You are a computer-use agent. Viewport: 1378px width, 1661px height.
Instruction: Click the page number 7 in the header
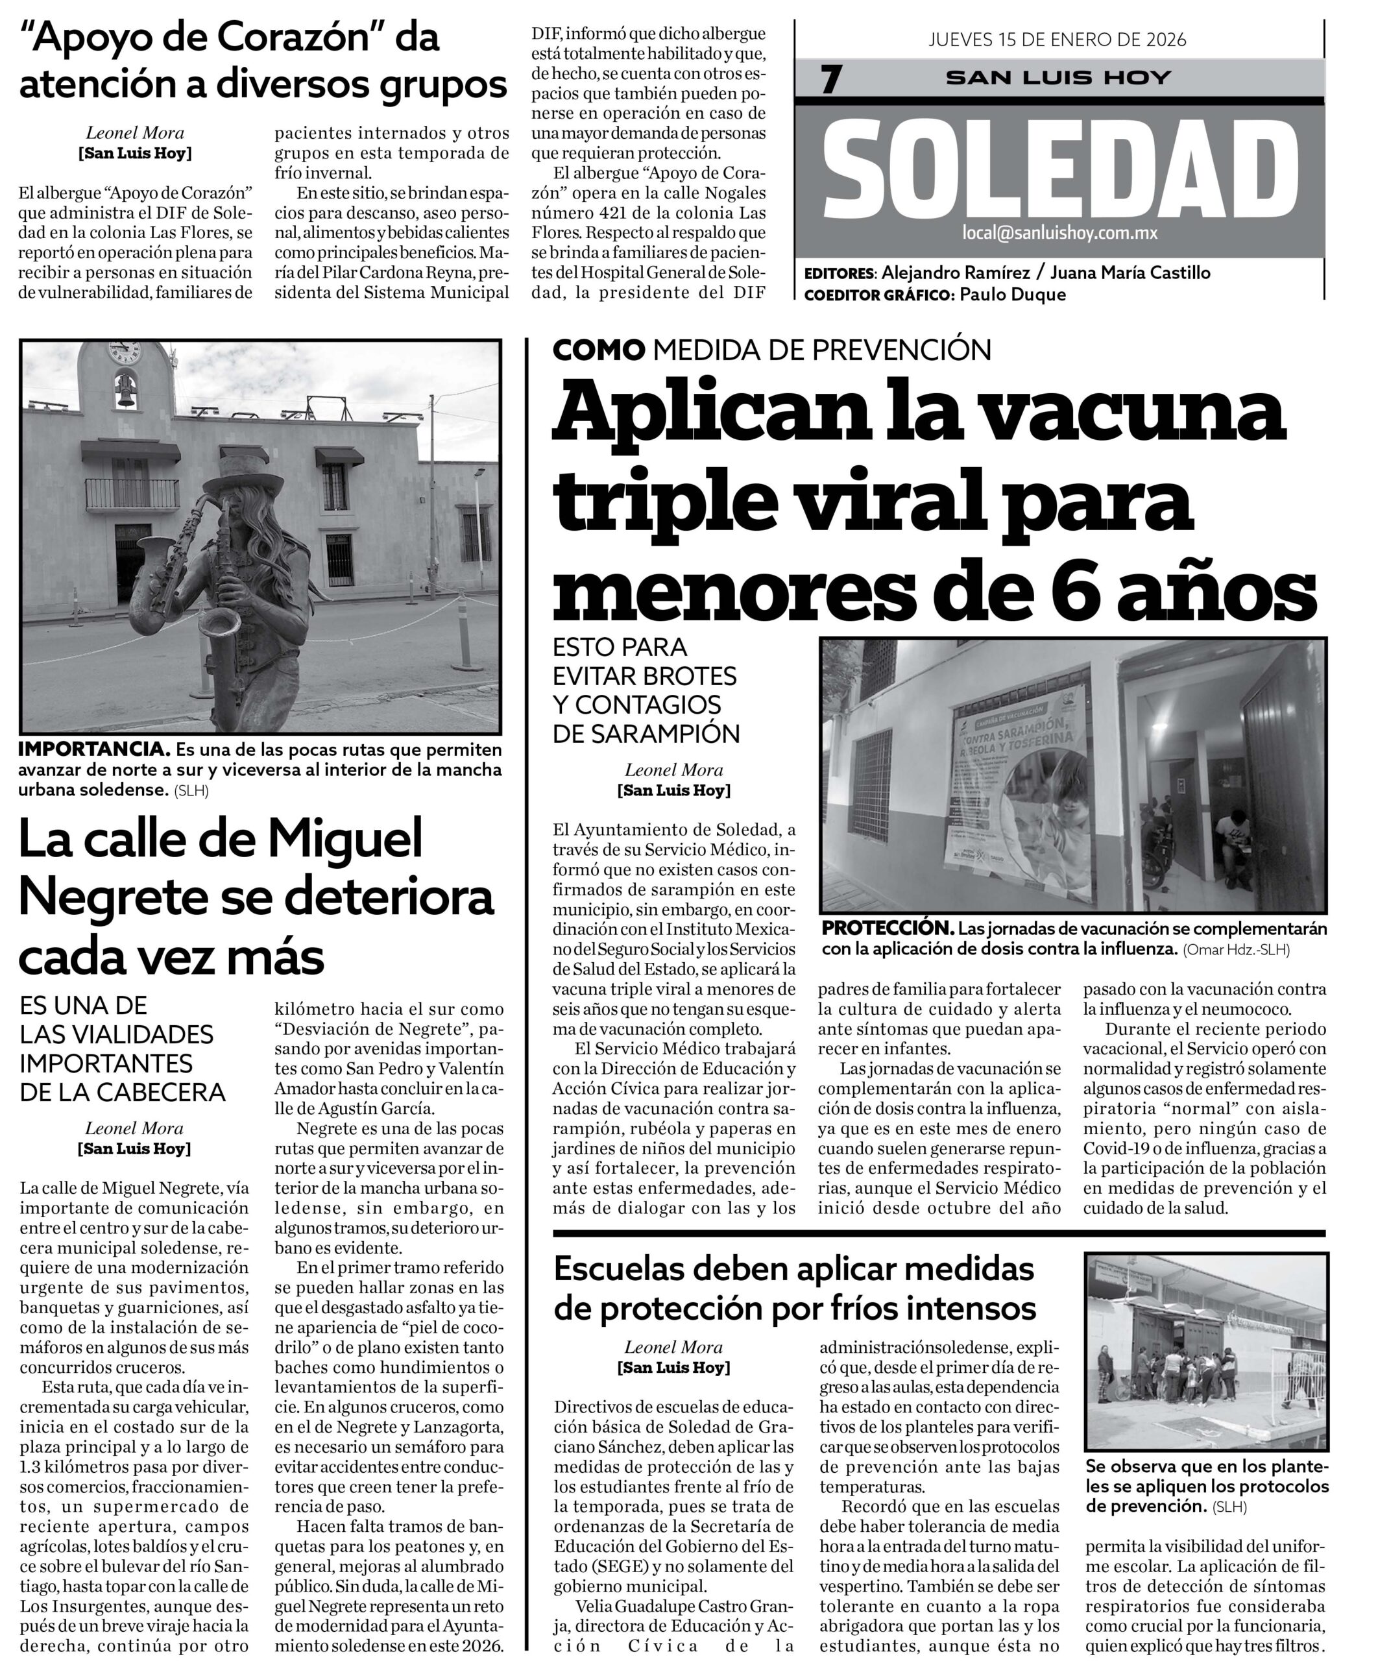(x=830, y=80)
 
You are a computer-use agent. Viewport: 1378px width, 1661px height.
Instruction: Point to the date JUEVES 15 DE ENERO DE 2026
(x=1057, y=40)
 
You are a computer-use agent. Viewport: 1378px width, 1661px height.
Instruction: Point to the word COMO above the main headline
(x=599, y=350)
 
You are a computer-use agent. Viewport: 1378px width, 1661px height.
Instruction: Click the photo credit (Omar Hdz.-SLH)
(x=1237, y=950)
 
